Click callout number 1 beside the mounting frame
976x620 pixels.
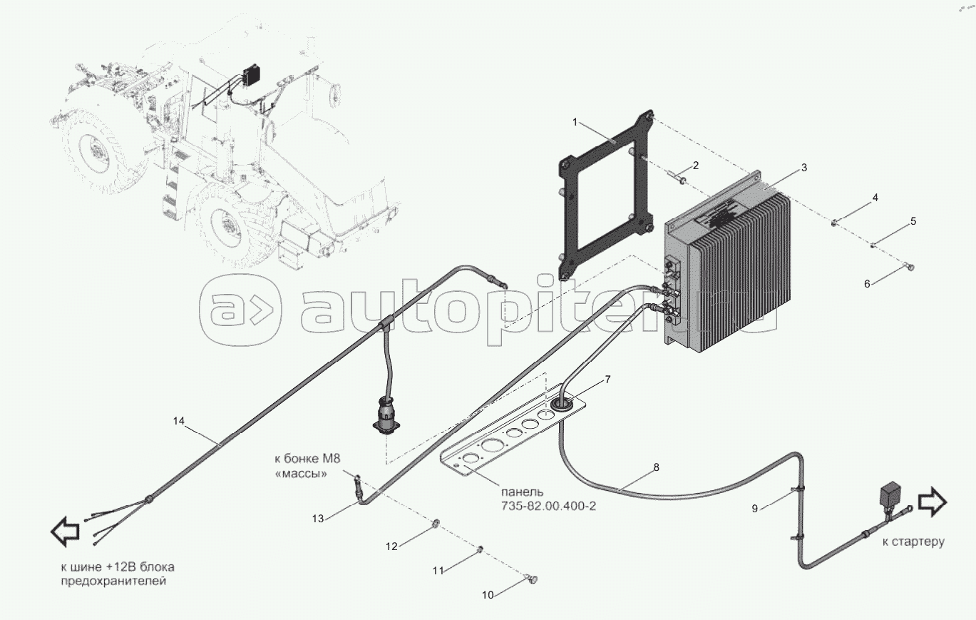[x=575, y=122]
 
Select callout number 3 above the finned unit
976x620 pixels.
[x=803, y=168]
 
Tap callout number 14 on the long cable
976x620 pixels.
[x=179, y=421]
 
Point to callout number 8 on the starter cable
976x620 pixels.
[x=656, y=468]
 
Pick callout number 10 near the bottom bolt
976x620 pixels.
[x=488, y=594]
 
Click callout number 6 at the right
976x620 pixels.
[x=867, y=284]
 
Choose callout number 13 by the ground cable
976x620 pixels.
[x=317, y=519]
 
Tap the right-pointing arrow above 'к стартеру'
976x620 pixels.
[x=933, y=502]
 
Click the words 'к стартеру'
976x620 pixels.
[x=913, y=542]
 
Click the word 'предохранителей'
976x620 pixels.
[x=113, y=582]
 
